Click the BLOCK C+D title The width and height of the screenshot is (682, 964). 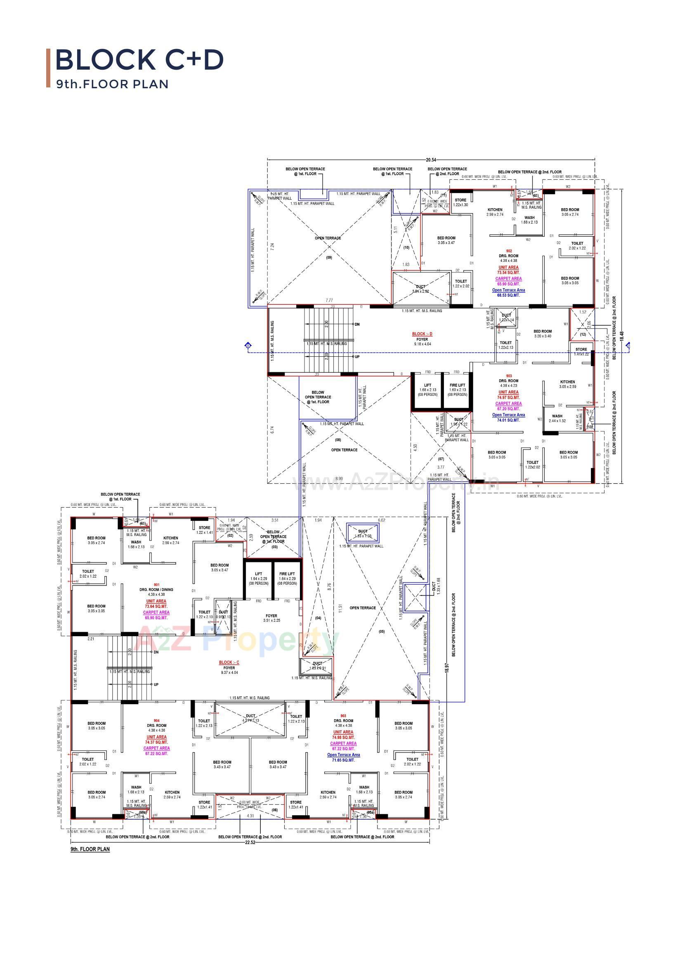pos(139,60)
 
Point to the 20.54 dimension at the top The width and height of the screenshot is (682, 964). pos(431,160)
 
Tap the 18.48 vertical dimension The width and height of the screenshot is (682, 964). pos(622,336)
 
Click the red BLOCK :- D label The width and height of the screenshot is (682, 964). pos(422,334)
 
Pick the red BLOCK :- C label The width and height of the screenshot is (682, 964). pos(229,663)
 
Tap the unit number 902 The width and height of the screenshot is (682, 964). pos(509,251)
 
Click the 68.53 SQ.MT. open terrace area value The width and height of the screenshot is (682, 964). pos(508,295)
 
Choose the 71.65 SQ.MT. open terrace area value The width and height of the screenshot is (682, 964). pos(343,760)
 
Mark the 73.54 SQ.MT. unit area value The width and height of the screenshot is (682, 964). pos(508,273)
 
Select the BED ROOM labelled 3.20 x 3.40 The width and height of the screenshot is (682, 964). pos(543,334)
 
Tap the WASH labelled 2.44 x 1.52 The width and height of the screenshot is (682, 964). pos(557,418)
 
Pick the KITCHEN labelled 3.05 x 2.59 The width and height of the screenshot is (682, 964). pos(567,384)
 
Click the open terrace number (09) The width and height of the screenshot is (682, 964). pos(329,257)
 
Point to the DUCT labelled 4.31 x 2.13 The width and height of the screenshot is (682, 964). pos(250,718)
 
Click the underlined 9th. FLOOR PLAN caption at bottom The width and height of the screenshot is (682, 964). pos(90,849)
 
